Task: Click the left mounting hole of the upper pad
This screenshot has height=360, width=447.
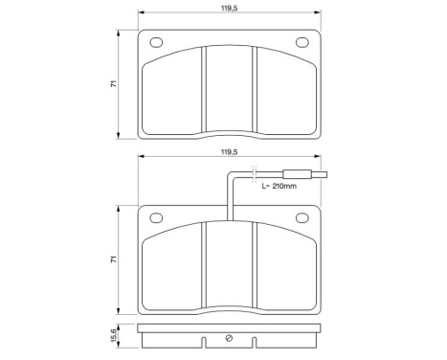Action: [x=156, y=41]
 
